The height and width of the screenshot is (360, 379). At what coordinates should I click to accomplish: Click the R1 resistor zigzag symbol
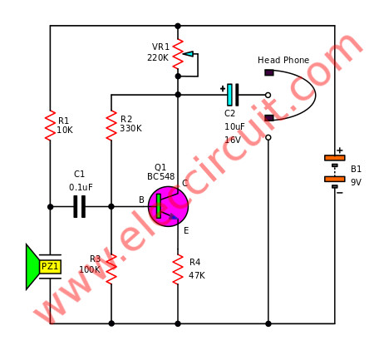click(50, 126)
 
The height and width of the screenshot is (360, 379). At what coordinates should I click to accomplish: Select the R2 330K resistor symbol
click(111, 126)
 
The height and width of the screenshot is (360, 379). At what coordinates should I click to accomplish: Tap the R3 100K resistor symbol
click(111, 269)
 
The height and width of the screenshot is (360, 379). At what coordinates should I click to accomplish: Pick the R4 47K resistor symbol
click(178, 269)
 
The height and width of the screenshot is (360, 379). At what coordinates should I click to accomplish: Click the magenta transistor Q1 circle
click(168, 206)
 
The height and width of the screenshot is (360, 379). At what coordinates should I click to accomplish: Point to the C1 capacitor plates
click(80, 206)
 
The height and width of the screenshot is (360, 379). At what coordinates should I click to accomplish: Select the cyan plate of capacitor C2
click(229, 95)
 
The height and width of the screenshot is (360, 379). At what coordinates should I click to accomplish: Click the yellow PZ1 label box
click(50, 267)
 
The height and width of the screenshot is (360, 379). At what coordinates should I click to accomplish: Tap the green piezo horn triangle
click(32, 267)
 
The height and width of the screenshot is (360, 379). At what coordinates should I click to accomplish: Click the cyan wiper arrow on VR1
click(189, 54)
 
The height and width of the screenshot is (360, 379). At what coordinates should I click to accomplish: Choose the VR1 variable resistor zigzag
click(178, 54)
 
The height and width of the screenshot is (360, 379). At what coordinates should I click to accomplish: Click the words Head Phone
click(283, 60)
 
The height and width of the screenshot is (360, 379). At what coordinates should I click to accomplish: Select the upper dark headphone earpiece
click(269, 72)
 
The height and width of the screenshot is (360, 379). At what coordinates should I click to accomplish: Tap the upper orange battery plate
click(335, 158)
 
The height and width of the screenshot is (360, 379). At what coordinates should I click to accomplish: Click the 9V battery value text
click(357, 182)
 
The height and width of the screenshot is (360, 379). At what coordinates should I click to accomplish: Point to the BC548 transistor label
click(161, 176)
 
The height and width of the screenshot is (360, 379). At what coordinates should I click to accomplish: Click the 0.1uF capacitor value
click(81, 187)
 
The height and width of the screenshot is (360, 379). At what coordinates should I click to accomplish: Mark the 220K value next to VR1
click(158, 57)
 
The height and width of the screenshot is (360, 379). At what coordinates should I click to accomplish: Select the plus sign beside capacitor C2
click(223, 89)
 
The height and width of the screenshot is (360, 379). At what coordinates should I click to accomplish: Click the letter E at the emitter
click(186, 230)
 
